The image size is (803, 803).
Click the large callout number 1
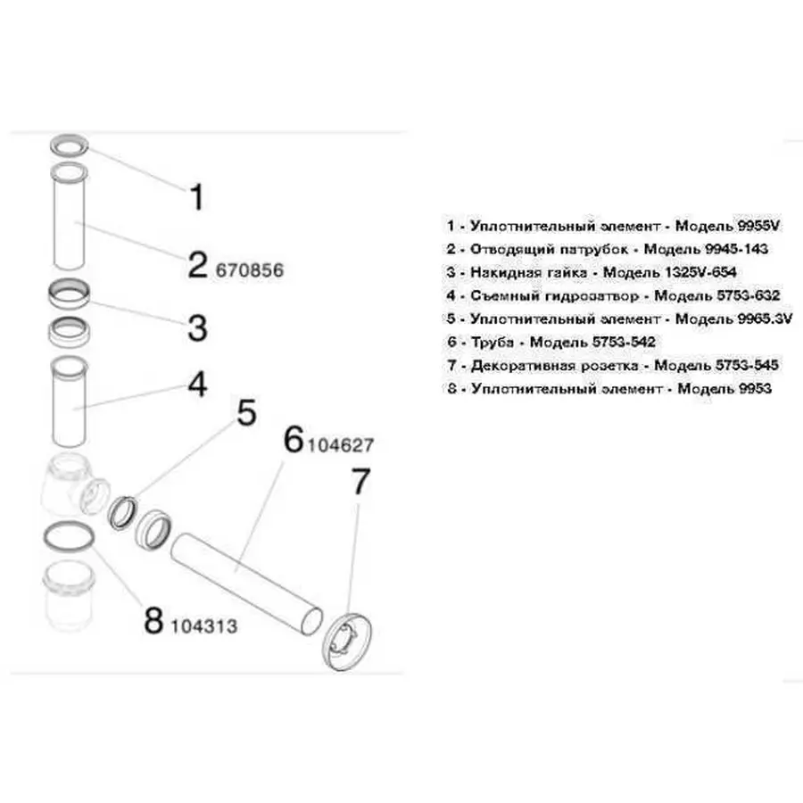pos(197,196)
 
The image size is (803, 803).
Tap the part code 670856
pos(250,270)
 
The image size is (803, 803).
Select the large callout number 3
pos(197,328)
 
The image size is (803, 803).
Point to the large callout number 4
pos(197,385)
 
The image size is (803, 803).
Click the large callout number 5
pos(246,413)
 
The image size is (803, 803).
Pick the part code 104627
pos(340,445)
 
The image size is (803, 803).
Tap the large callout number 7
pos(360,482)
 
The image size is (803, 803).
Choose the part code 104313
pos(203,625)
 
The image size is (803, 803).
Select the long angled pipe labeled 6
pos(246,584)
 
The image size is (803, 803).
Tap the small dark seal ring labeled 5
pos(123,513)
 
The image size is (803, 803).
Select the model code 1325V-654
pos(700,272)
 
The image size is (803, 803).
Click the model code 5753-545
pos(747,366)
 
